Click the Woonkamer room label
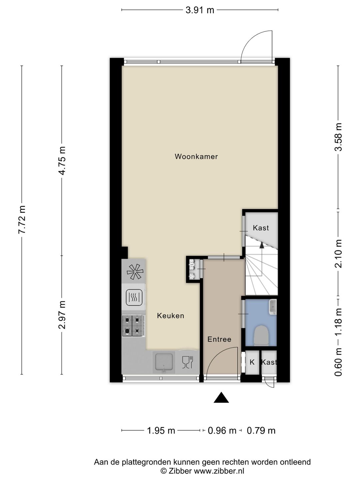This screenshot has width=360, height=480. tap(196, 156)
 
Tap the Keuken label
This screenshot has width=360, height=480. tap(170, 316)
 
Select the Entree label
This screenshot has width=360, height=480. tap(219, 339)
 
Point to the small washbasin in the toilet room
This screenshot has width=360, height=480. tap(273, 307)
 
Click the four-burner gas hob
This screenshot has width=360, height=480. tap(133, 326)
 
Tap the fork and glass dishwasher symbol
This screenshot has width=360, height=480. tap(188, 362)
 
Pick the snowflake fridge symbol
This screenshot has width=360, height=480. tap(135, 271)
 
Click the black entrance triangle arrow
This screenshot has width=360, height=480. tap(221, 398)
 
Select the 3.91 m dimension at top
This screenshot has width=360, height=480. tap(200, 10)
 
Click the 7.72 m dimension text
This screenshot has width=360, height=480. tap(22, 220)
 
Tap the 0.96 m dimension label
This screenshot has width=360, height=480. tap(222, 431)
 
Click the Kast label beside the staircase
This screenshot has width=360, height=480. tap(261, 228)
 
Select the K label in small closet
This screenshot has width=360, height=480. tap(252, 362)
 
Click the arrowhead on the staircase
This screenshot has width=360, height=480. tap(262, 245)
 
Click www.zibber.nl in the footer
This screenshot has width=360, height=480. tap(219, 471)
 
